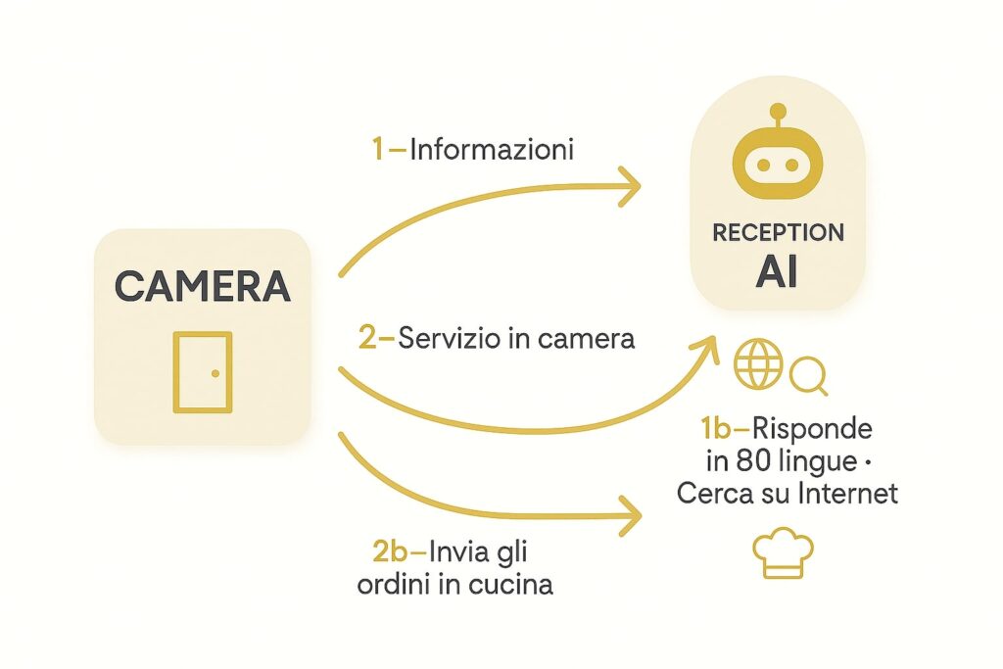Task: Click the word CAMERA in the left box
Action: tap(203, 285)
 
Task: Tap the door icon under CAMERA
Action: tap(203, 371)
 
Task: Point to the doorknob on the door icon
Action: tap(215, 372)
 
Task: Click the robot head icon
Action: tap(779, 165)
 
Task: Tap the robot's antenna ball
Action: tap(779, 111)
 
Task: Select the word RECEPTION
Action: tap(779, 233)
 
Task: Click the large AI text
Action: tap(779, 272)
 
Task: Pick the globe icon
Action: tap(759, 365)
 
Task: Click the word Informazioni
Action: tap(492, 150)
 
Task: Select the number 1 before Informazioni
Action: tap(378, 150)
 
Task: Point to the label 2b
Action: tap(394, 552)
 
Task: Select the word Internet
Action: tap(848, 492)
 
